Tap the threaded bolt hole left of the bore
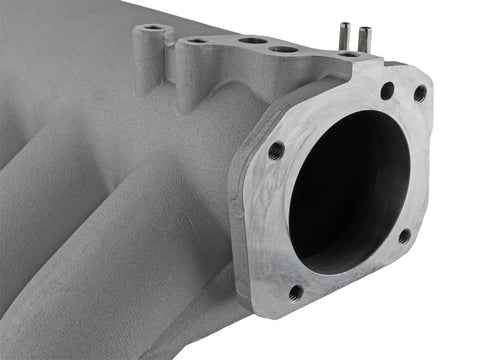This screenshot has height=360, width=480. (276, 151)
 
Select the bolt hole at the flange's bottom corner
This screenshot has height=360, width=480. (296, 293)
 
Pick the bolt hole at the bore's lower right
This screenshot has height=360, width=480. (404, 237)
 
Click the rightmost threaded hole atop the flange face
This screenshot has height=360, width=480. (420, 93)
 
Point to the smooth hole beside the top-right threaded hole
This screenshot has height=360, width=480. (387, 91)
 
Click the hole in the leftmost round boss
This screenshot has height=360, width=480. (152, 28)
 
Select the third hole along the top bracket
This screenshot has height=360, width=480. (252, 42)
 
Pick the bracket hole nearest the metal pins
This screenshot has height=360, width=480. (285, 48)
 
